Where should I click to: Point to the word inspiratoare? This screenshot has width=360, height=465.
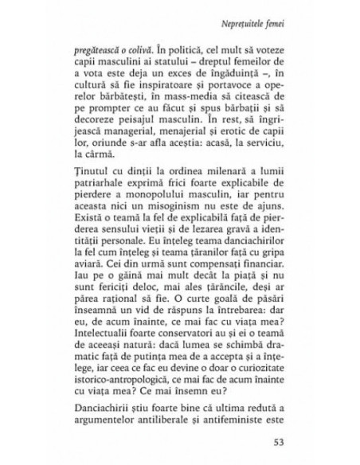tap(158, 89)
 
